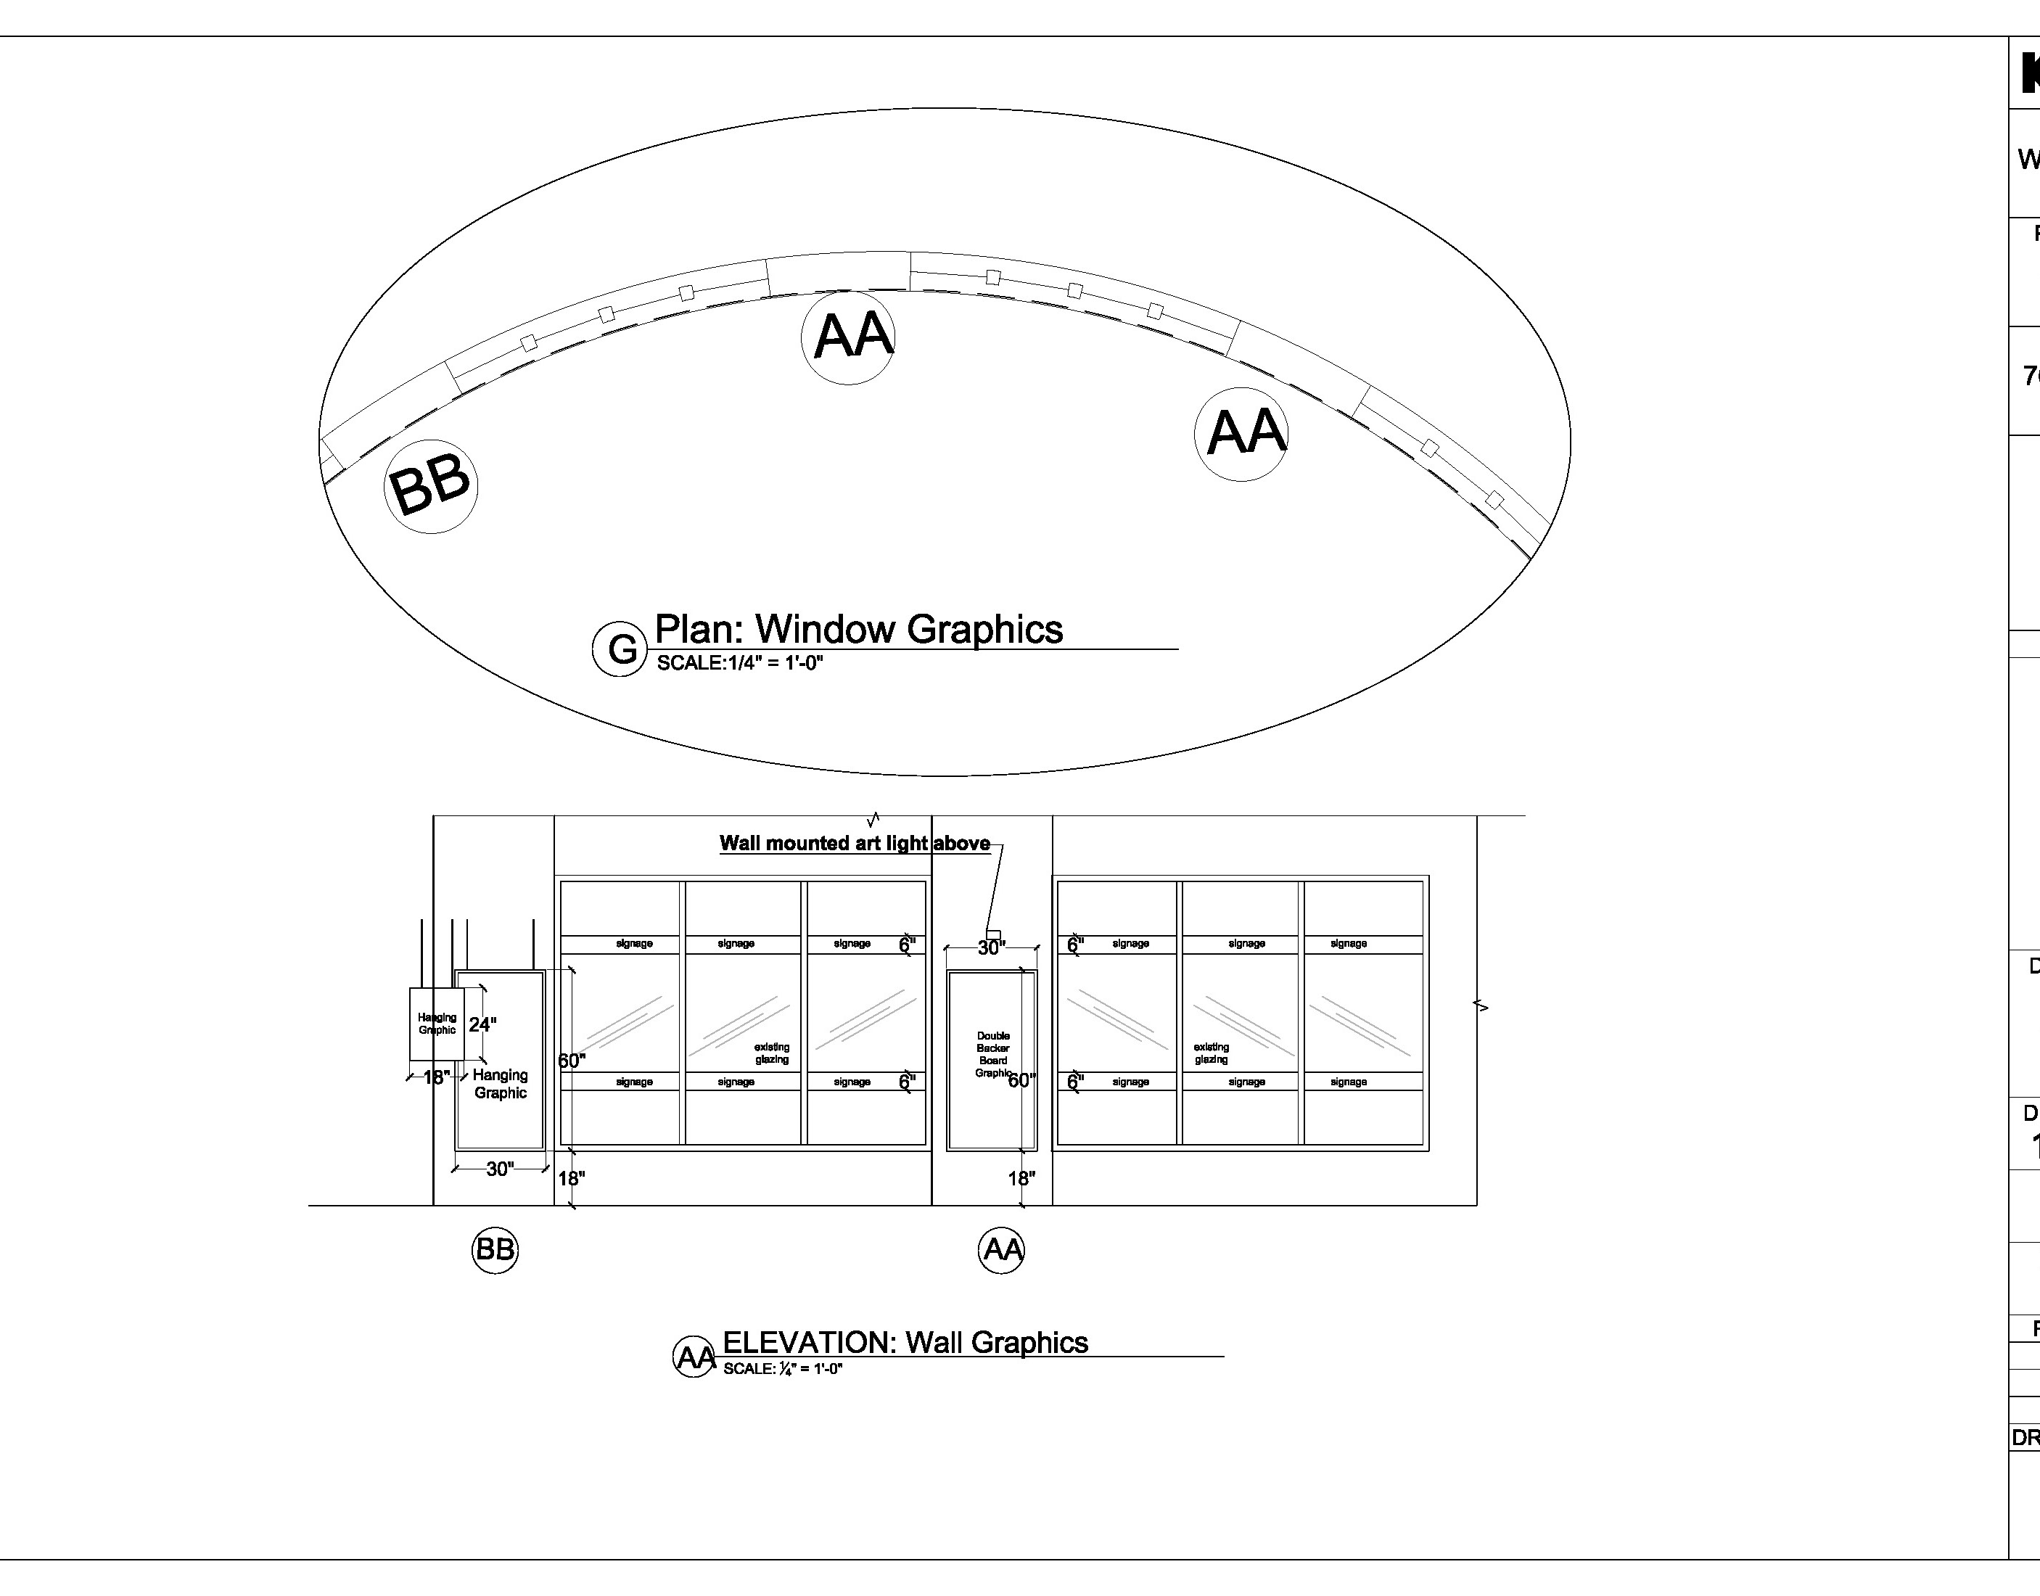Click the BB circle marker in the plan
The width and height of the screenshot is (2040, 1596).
pyautogui.click(x=431, y=486)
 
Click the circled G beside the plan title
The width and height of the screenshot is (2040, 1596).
pyautogui.click(x=620, y=649)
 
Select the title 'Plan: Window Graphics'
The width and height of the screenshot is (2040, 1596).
pyautogui.click(x=858, y=629)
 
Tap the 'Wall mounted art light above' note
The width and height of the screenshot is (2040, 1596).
pyautogui.click(x=854, y=843)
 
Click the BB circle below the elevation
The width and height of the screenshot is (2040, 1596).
pyautogui.click(x=494, y=1249)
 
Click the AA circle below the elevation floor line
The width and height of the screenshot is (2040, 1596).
pyautogui.click(x=1001, y=1249)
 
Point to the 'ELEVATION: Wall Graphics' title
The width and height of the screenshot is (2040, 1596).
pyautogui.click(x=905, y=1342)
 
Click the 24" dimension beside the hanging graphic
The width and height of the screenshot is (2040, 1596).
pyautogui.click(x=482, y=1024)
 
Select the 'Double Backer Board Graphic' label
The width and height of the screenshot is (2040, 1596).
pyautogui.click(x=992, y=1054)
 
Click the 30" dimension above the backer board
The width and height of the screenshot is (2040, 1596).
pyautogui.click(x=990, y=947)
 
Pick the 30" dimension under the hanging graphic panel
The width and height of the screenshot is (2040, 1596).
pyautogui.click(x=500, y=1168)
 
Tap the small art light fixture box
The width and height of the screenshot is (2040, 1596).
pyautogui.click(x=993, y=934)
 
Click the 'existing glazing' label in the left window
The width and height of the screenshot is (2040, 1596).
pyautogui.click(x=772, y=1053)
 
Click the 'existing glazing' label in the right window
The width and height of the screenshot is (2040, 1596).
pyautogui.click(x=1211, y=1053)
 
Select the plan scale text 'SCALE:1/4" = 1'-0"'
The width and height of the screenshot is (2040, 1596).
pyautogui.click(x=739, y=664)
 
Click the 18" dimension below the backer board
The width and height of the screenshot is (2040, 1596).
pyautogui.click(x=1021, y=1178)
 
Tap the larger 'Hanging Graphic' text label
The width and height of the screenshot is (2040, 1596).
pyautogui.click(x=500, y=1084)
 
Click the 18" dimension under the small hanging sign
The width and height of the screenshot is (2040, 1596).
pyautogui.click(x=435, y=1077)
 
